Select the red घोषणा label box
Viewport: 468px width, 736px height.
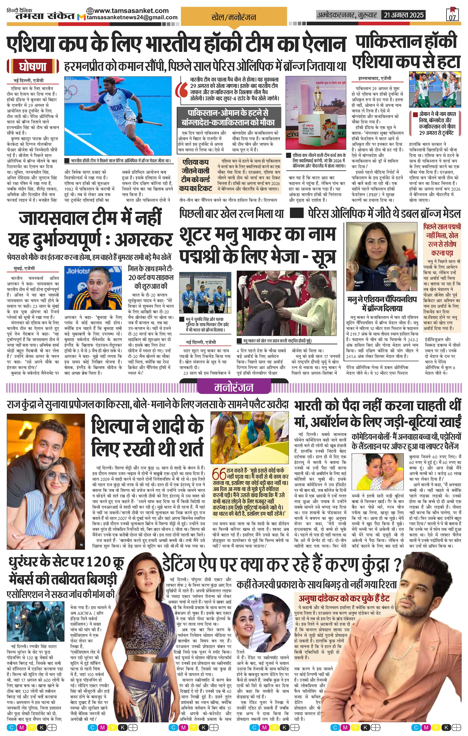(33, 66)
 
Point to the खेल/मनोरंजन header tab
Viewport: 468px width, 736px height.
(234, 17)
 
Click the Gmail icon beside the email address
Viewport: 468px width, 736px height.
(81, 17)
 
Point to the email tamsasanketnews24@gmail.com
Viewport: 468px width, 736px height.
(132, 17)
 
